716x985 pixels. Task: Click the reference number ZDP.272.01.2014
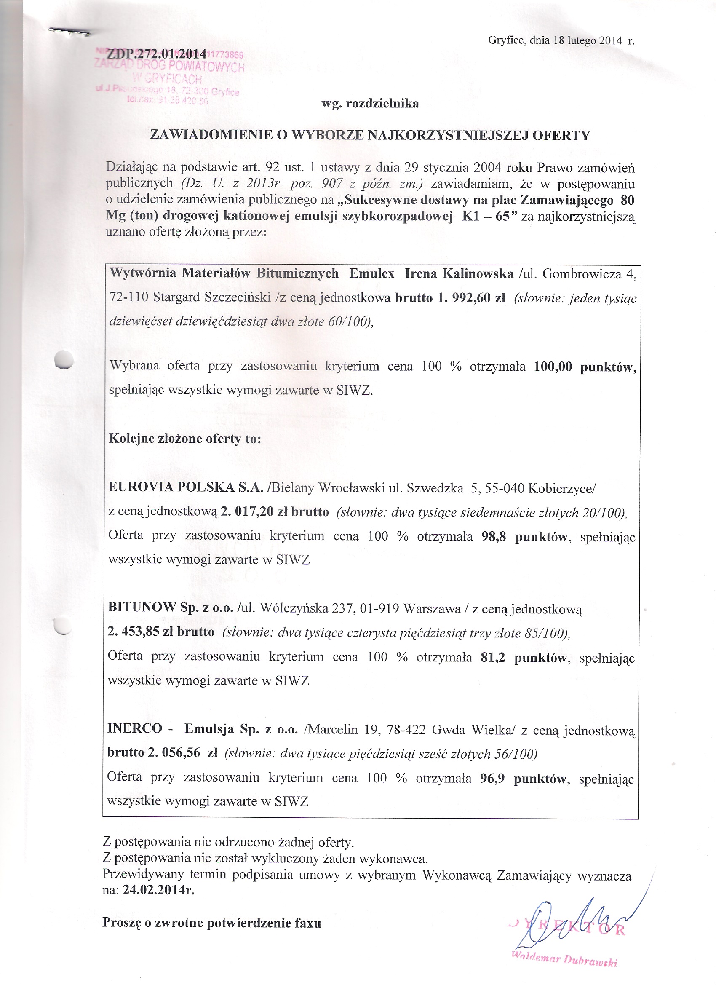pos(157,54)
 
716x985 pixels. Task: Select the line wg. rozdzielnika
pos(370,104)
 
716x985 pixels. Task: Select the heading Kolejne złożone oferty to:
pos(184,439)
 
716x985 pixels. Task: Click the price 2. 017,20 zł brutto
pos(275,512)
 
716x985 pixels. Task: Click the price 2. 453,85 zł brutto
pos(161,632)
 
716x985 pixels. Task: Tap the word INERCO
pos(135,728)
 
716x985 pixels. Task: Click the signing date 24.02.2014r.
pos(158,890)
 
